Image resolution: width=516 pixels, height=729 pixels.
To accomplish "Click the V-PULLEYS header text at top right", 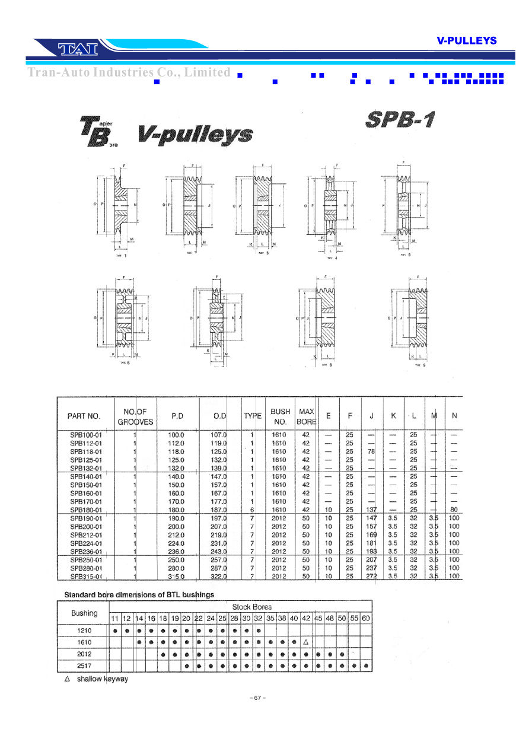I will point(466,40).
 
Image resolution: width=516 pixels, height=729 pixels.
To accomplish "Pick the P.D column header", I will point(177,416).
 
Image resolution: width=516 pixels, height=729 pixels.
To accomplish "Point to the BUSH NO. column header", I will point(280,416).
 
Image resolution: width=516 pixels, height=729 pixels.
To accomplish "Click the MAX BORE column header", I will point(306,416).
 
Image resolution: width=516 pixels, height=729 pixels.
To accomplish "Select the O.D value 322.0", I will point(219,577).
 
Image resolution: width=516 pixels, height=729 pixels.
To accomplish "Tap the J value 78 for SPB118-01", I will point(371,451).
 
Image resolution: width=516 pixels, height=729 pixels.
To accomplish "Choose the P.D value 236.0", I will point(176,552).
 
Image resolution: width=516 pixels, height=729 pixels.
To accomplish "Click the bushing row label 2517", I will point(84,666).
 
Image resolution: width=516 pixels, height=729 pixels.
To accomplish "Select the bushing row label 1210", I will point(84,630).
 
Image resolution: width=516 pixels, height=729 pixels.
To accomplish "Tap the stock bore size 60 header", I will point(366,618).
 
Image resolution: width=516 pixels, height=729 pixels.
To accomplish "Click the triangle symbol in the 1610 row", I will point(305,642).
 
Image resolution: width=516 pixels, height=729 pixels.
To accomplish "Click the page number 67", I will point(257,698).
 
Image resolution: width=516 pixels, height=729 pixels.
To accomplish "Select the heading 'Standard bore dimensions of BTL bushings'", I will point(139,594).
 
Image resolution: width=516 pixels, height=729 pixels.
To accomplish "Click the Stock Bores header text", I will point(251,607).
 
